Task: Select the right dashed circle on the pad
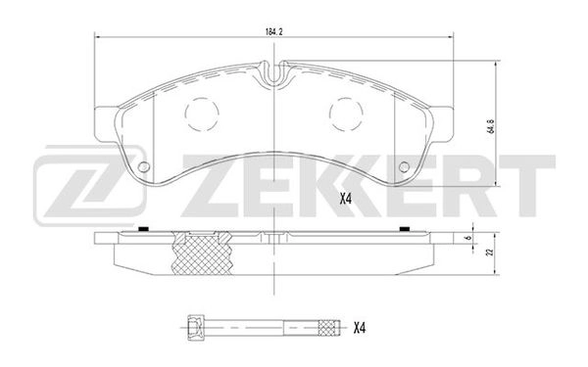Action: (346, 115)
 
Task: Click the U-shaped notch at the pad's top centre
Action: (273, 71)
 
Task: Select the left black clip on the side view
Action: (144, 230)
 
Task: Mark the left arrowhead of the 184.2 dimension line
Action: (95, 36)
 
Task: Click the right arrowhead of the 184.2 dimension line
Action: (452, 36)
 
